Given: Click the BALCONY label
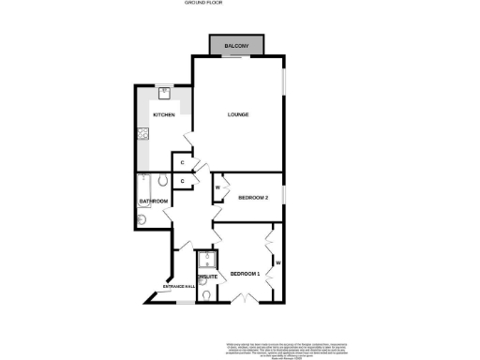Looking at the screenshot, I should point(236,45).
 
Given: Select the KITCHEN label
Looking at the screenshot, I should point(164,115).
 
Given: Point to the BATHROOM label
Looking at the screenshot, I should point(153,202).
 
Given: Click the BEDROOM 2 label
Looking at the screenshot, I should point(253,198).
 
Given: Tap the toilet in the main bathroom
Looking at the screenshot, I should point(162,181).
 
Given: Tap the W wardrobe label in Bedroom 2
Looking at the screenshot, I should point(217,187).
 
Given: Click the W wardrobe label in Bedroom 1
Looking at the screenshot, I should point(278,262).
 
